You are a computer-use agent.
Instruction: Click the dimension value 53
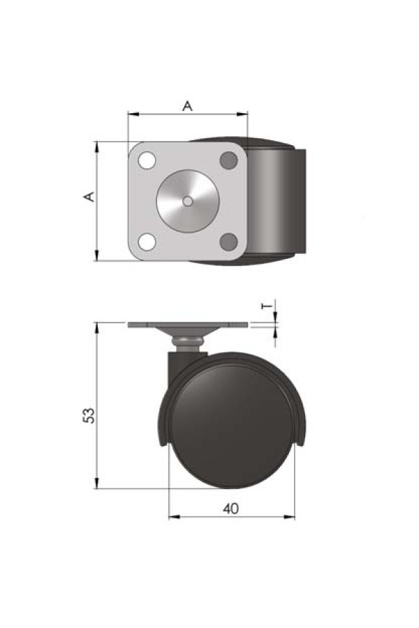tap(89, 415)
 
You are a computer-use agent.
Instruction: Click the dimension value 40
tap(230, 509)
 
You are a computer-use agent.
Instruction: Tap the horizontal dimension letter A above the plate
tap(188, 106)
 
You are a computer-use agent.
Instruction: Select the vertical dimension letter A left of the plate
tap(89, 197)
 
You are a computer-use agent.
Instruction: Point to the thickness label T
tap(267, 306)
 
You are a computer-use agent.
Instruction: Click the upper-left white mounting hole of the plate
tap(147, 160)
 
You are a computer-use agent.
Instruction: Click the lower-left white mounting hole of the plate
tap(147, 242)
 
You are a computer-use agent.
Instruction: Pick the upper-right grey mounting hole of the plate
tap(229, 160)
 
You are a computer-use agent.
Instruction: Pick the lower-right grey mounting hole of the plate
tap(229, 242)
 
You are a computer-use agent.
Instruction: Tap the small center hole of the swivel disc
tap(188, 202)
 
